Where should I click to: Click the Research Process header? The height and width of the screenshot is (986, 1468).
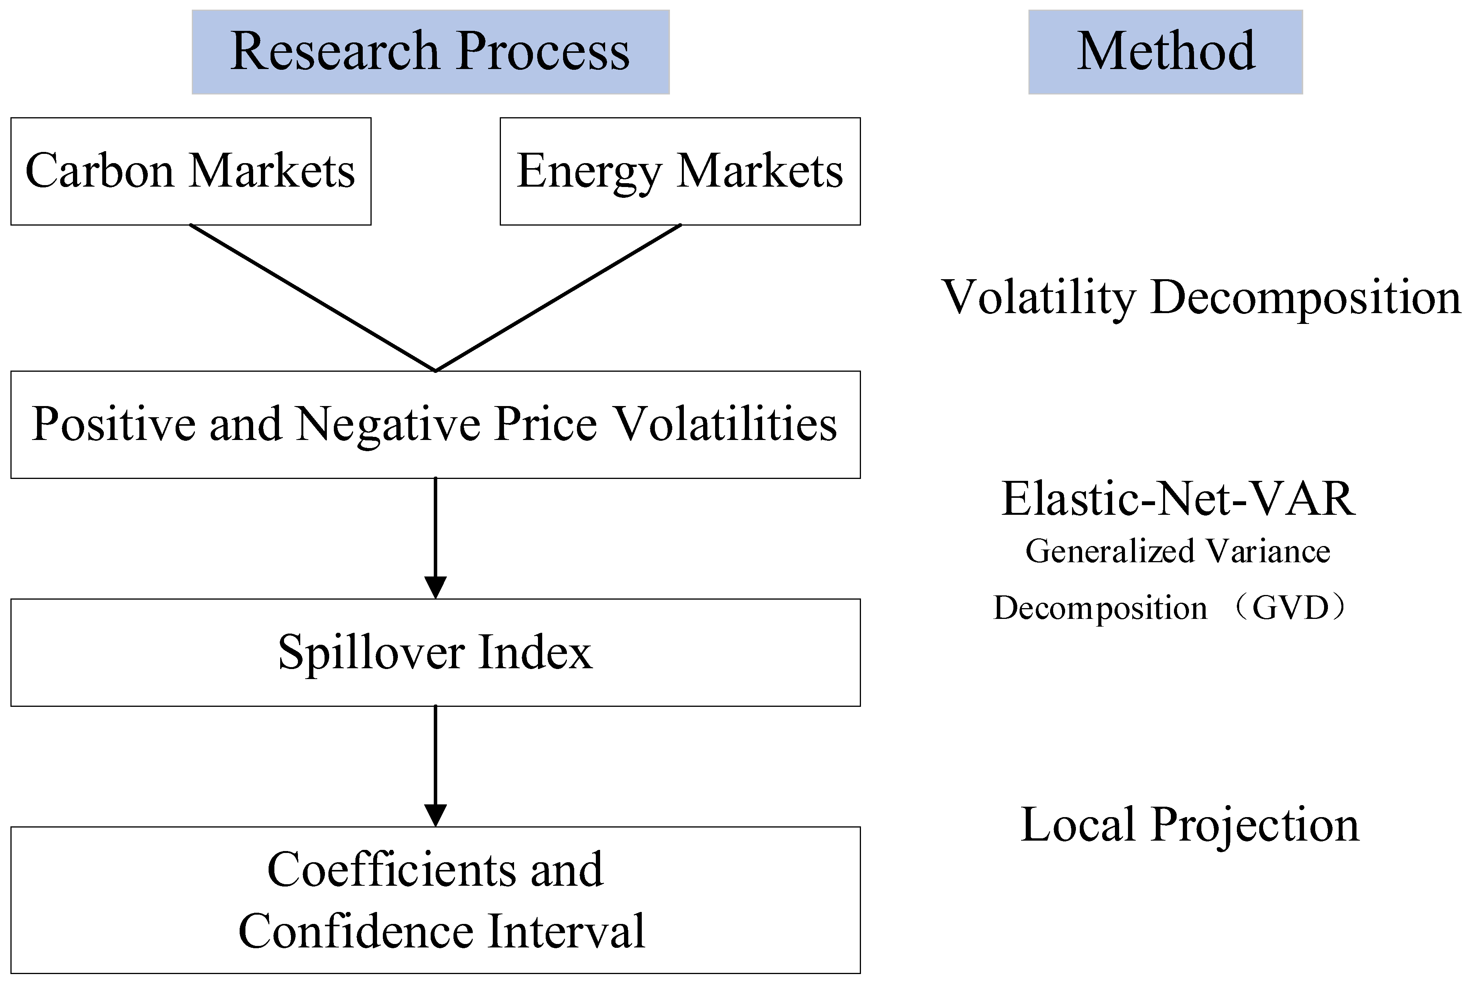point(430,52)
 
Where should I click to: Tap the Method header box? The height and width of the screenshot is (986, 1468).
point(1165,52)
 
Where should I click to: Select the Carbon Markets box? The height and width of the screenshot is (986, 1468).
point(191,171)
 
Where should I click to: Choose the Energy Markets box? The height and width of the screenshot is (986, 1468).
point(680,171)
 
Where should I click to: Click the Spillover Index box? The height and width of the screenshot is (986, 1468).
point(435,652)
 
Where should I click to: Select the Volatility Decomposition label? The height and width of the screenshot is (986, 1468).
point(1201,297)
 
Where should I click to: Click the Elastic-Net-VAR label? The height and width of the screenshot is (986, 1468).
point(1178,499)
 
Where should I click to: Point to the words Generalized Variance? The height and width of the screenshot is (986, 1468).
point(1178,551)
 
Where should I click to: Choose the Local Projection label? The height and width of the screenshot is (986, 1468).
point(1190,824)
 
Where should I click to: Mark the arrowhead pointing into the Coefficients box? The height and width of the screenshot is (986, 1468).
point(435,815)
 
